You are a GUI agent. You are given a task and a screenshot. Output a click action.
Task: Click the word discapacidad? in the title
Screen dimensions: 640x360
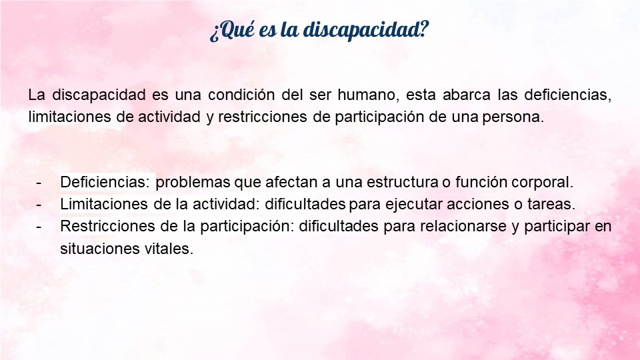pos(365,30)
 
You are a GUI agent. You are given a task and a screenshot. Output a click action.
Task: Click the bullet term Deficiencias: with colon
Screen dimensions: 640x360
pos(105,182)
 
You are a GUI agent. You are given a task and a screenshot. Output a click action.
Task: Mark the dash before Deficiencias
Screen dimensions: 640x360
pos(39,183)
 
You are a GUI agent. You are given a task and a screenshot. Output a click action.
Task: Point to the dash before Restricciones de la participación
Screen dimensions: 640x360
pos(39,227)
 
